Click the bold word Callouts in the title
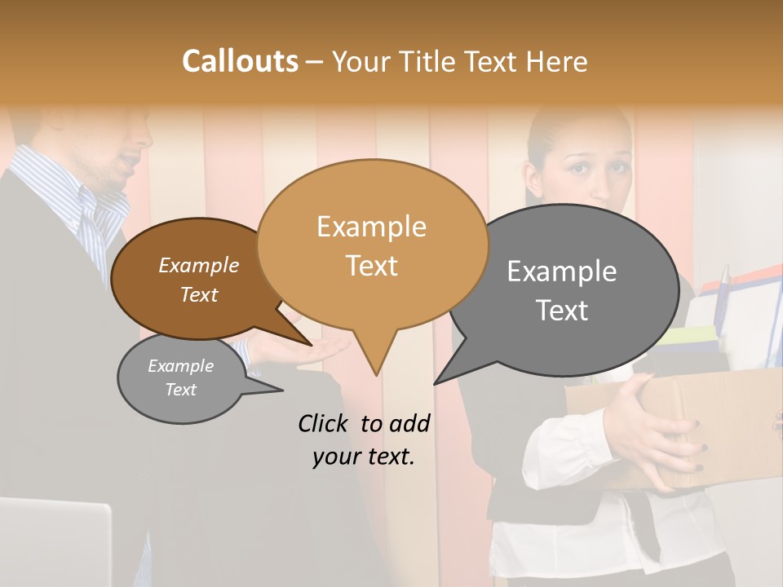click(x=240, y=61)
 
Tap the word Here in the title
click(x=557, y=62)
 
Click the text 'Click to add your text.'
click(x=364, y=440)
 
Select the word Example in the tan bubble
click(x=371, y=227)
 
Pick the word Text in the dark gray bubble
click(x=562, y=311)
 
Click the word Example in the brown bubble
click(x=198, y=266)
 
